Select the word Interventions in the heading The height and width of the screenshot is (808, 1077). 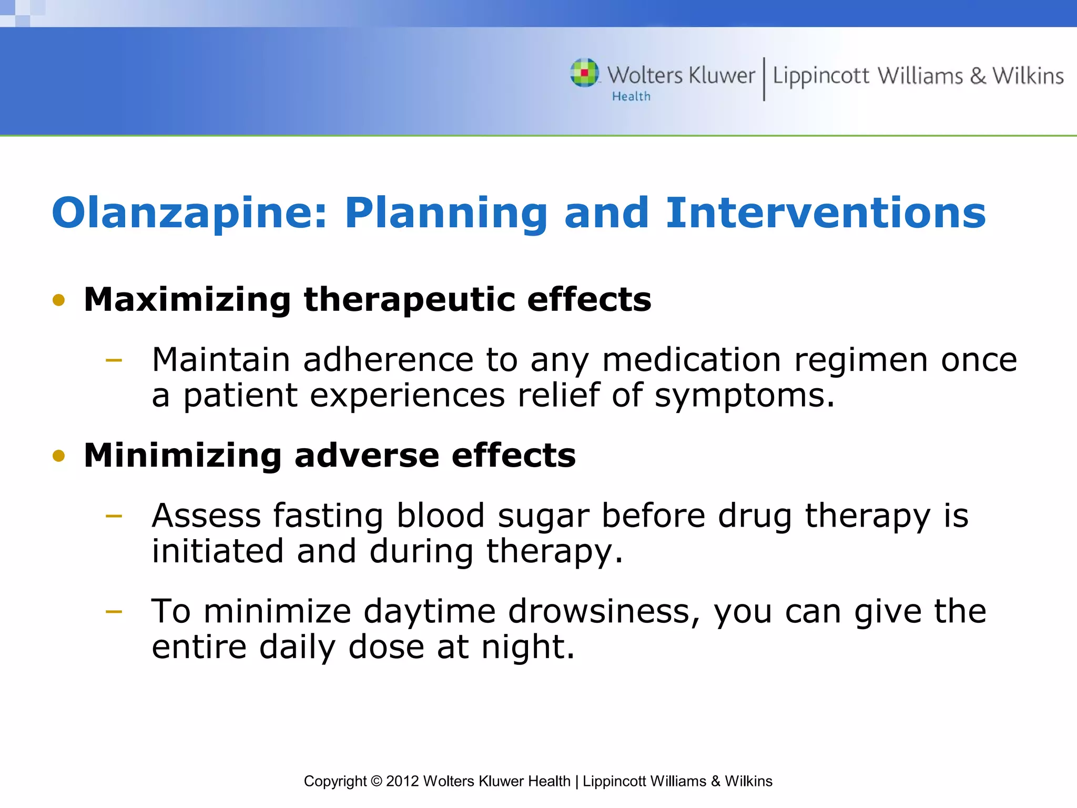[826, 213]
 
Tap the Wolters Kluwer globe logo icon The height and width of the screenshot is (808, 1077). [584, 73]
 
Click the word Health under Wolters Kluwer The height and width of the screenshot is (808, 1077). [631, 97]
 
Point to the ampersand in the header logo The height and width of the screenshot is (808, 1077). [978, 76]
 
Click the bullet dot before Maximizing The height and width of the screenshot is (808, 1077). [59, 300]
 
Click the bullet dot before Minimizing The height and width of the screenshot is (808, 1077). [59, 456]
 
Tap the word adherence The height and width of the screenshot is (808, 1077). [388, 360]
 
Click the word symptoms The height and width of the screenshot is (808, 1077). [744, 396]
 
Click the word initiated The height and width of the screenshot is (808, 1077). [218, 551]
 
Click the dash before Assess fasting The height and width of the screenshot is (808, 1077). [114, 516]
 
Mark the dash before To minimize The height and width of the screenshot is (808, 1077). [114, 612]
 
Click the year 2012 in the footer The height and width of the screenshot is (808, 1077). [402, 781]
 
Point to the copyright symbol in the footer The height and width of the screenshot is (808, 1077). [376, 781]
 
